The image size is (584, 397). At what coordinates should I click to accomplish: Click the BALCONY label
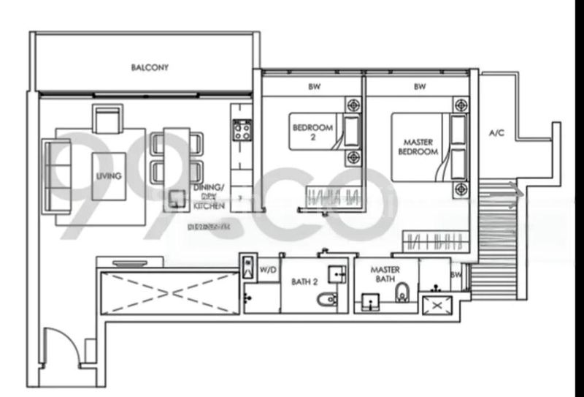click(150, 68)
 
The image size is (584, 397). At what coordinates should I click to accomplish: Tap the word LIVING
click(108, 176)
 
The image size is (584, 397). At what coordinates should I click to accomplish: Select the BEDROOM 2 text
click(312, 131)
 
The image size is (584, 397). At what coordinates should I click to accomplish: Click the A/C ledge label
click(496, 133)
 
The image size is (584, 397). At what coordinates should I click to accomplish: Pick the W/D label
click(267, 272)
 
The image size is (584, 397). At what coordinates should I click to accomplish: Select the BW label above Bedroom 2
click(315, 86)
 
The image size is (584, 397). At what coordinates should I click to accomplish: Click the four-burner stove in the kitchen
click(242, 132)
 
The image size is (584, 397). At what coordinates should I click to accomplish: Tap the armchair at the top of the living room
click(108, 119)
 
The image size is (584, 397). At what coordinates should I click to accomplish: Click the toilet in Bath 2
click(327, 300)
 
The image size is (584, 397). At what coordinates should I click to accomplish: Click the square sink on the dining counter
click(176, 197)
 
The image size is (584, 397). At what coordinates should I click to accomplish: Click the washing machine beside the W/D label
click(248, 268)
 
